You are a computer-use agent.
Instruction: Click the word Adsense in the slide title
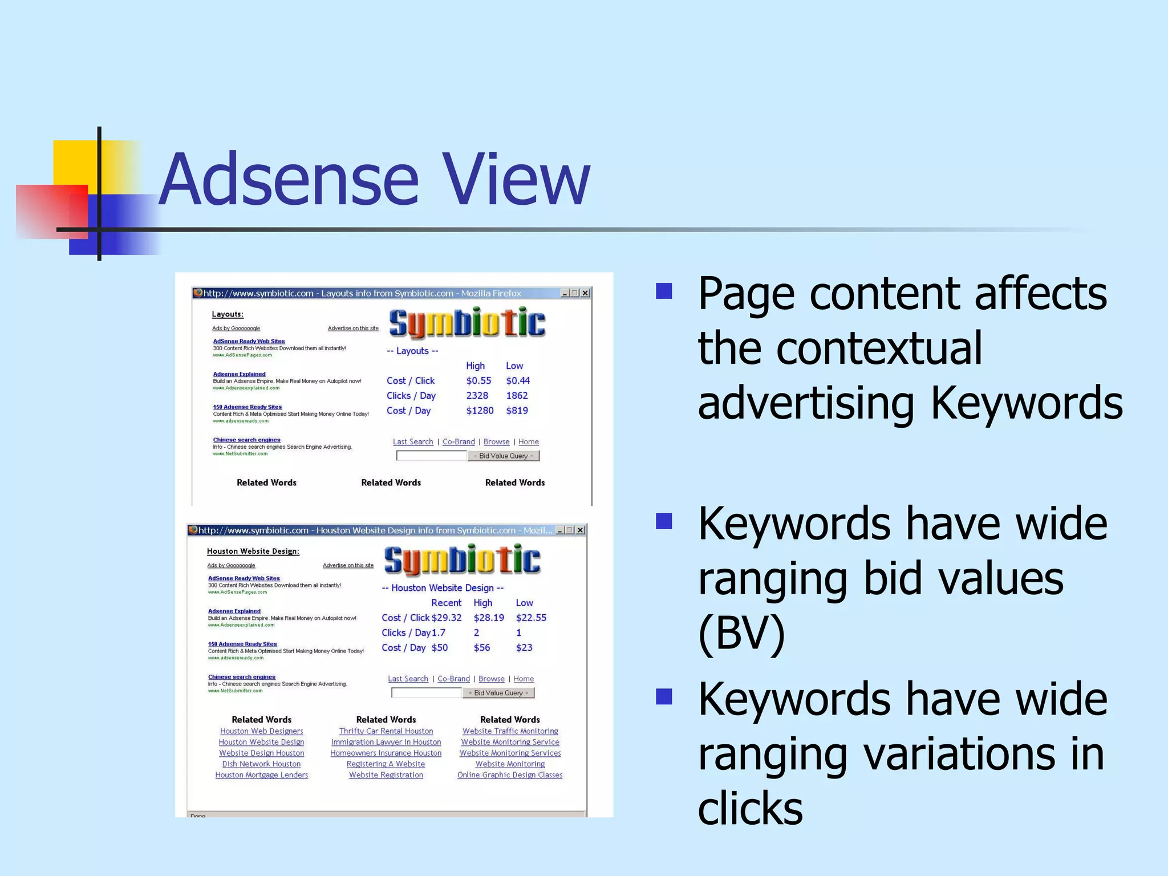289,179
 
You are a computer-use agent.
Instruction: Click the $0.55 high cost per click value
478,380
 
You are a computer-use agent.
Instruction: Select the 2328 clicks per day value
477,395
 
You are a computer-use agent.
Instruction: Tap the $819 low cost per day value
517,410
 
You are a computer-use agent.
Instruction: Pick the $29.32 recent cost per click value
447,618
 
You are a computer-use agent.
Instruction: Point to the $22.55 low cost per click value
531,618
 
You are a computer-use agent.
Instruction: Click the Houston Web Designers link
261,731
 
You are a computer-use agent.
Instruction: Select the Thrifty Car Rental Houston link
386,731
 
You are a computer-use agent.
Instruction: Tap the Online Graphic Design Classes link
510,775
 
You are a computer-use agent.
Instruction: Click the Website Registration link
386,775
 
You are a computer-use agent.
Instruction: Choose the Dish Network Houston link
261,764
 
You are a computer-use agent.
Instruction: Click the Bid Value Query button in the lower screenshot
498,693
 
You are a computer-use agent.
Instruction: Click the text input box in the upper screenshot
431,456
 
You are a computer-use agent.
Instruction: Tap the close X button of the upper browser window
585,293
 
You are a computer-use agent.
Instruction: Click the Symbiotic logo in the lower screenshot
462,560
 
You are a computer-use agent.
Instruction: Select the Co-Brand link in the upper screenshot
459,442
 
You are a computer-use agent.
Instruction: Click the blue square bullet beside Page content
664,291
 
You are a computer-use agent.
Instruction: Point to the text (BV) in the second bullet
741,633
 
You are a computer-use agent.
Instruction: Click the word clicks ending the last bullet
750,808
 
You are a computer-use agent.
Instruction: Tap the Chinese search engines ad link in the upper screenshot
246,440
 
